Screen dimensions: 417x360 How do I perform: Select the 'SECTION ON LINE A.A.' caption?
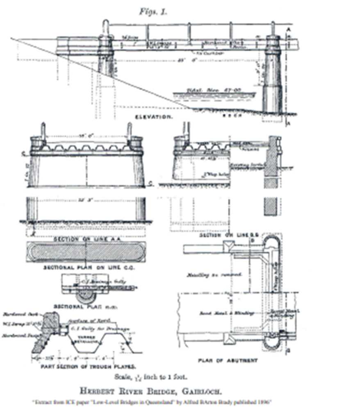(x=85, y=238)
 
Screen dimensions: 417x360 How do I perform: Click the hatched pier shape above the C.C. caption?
(x=85, y=252)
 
